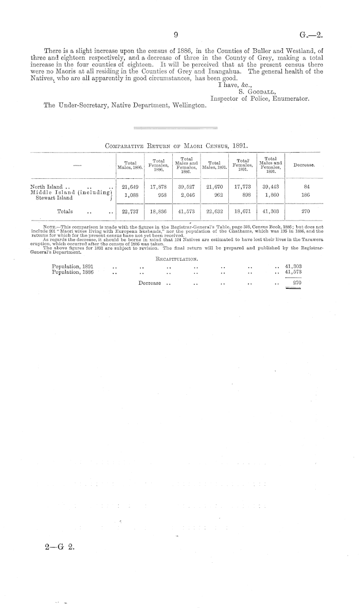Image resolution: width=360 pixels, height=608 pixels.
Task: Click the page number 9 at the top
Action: [176, 35]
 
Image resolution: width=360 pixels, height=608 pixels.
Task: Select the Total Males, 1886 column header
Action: [130, 165]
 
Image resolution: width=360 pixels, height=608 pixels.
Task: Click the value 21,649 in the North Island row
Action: [130, 187]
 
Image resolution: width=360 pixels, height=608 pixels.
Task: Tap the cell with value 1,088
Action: [130, 196]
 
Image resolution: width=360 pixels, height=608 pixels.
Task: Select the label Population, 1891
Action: [73, 266]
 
